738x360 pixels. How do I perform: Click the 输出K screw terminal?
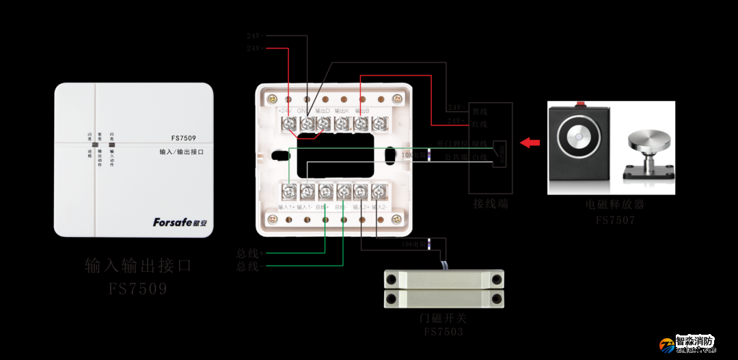point(342,124)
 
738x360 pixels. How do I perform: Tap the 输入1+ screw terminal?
point(290,192)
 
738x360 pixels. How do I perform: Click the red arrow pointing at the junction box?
point(529,143)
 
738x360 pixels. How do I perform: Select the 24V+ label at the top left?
point(256,49)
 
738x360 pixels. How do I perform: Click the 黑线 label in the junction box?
point(479,111)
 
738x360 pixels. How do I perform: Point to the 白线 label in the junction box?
point(479,156)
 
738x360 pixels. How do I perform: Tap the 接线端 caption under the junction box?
point(491,204)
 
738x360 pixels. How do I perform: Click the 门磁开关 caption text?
point(443,319)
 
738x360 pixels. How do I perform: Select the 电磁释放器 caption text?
point(614,204)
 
